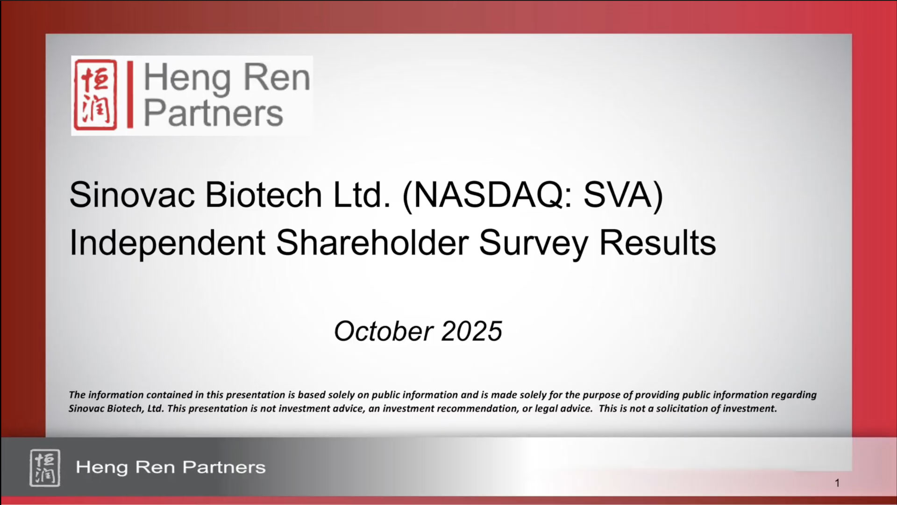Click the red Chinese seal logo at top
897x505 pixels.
point(95,95)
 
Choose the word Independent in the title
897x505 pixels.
point(168,243)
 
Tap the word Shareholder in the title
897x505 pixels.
point(372,243)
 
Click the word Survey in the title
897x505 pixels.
point(534,244)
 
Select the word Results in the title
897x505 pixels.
point(657,243)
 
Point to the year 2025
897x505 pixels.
point(471,332)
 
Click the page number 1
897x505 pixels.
point(837,483)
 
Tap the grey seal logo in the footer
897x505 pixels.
point(45,468)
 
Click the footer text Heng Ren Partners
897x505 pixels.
point(171,467)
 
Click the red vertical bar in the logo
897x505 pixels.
point(130,94)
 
